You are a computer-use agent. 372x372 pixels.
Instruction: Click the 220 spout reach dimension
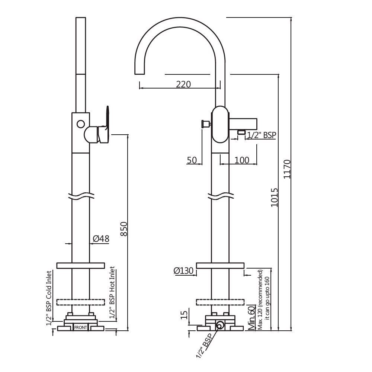click(x=183, y=84)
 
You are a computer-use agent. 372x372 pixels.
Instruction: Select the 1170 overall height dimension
click(x=287, y=169)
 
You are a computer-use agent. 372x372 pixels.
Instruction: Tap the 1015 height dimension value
click(x=274, y=197)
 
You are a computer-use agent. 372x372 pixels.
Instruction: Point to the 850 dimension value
click(x=125, y=229)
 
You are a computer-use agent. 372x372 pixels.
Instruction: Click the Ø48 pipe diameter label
click(x=100, y=239)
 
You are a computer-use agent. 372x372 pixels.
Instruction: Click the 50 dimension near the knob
click(x=192, y=160)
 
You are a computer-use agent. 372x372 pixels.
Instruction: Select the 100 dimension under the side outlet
click(x=242, y=160)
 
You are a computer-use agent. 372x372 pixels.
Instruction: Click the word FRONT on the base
click(x=81, y=327)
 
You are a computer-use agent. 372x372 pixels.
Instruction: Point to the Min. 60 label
click(x=251, y=318)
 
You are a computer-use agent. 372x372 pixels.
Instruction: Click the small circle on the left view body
click(x=80, y=124)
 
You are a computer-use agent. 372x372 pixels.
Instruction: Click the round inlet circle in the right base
click(x=220, y=325)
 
